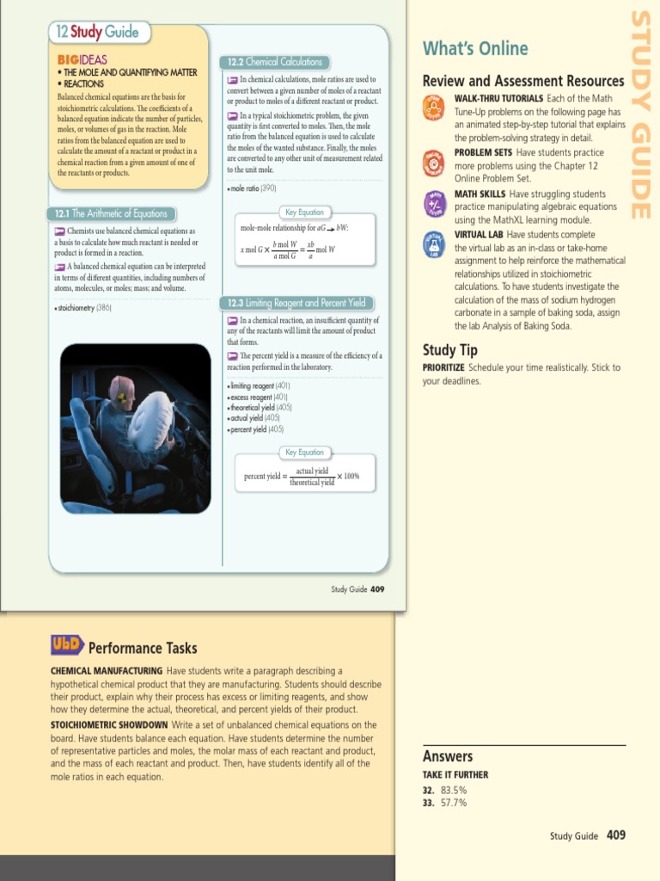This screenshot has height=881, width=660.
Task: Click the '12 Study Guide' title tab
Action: pos(95,34)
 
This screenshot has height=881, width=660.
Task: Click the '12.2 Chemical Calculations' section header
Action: pos(274,62)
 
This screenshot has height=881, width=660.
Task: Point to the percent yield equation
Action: pos(302,477)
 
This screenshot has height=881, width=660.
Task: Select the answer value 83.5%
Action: pos(454,789)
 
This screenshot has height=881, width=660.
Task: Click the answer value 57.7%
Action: pos(454,803)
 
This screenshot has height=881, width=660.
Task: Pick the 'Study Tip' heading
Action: pos(450,350)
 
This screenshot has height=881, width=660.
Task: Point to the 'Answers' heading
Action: pos(448,756)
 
